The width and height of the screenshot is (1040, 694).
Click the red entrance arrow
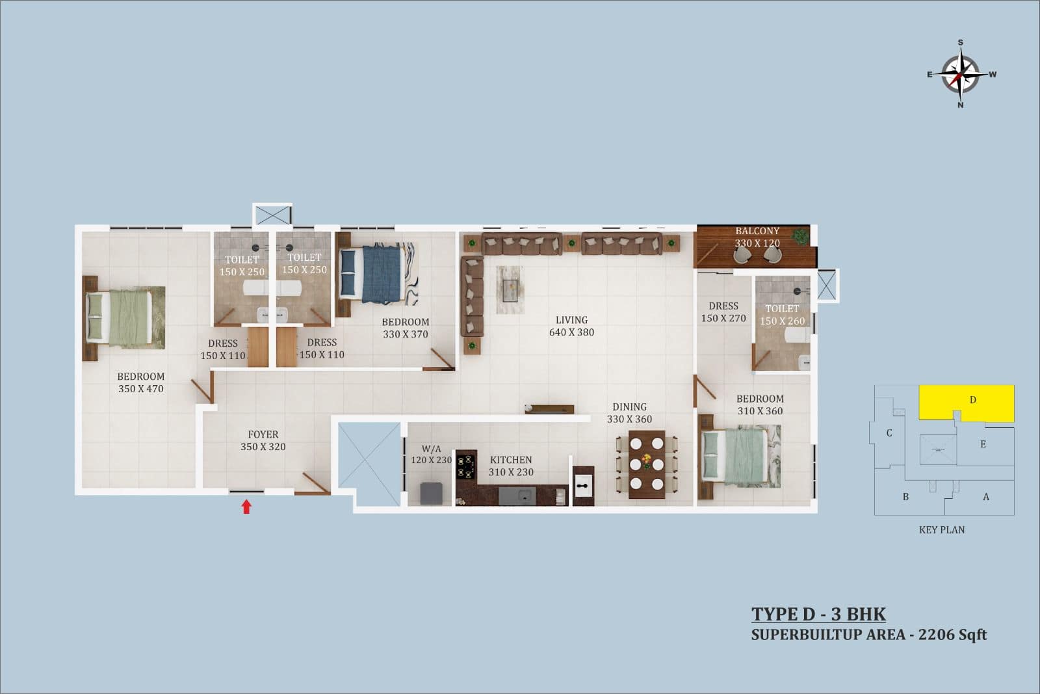[246, 507]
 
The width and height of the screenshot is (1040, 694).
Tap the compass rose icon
[961, 74]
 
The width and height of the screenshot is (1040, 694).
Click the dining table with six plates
[647, 464]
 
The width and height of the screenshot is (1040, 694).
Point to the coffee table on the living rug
[510, 290]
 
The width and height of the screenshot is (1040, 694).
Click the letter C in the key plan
[889, 433]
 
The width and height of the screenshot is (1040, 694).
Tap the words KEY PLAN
[942, 530]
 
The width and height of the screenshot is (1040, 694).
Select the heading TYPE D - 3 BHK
[818, 615]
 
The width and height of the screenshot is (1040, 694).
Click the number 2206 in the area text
[937, 635]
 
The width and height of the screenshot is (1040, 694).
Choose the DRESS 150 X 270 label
[723, 312]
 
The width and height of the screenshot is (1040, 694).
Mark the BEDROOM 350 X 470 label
[140, 382]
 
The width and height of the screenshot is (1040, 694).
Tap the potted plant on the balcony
[800, 235]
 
